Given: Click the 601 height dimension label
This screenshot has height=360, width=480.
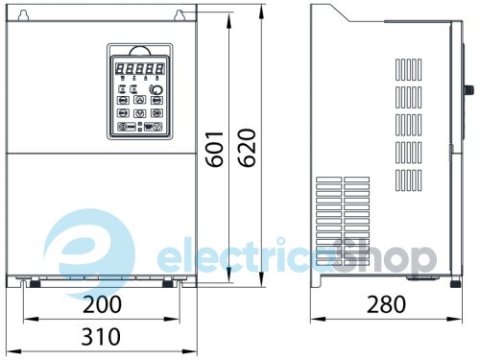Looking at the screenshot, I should [217, 148].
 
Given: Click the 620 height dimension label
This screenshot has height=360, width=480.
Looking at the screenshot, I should [247, 148].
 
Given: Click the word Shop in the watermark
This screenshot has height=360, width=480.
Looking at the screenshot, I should [393, 256].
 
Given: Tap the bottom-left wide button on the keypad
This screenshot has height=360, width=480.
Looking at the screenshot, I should [125, 126].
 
